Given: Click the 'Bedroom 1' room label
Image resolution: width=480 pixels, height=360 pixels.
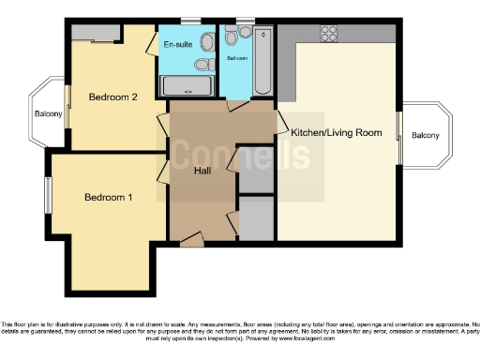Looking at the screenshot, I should pos(109,197).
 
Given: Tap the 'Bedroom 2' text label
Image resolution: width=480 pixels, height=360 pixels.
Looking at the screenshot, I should pos(113,97).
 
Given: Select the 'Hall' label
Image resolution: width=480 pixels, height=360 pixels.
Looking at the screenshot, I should pos(202,171).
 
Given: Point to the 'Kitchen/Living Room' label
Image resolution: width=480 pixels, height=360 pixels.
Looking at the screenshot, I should pos(337,133).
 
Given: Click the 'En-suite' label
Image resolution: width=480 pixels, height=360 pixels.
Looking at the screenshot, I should pos(178,44).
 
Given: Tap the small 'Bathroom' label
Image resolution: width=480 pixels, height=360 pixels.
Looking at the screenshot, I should pos(236,58).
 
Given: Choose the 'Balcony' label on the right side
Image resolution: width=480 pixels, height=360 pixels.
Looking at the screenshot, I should pos(425,136).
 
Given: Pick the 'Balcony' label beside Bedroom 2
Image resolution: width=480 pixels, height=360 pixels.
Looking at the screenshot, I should pos(48,114).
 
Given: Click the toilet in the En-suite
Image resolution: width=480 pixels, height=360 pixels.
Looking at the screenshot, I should pos(203,65).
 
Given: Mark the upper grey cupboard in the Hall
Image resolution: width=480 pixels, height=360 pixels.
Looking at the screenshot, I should pos(256,169).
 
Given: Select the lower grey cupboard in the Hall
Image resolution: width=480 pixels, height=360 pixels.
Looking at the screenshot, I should pos(256,218).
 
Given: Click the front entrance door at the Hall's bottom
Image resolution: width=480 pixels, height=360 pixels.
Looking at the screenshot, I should pos(191,242).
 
